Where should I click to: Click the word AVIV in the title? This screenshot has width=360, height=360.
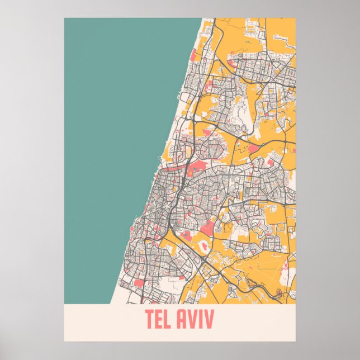click(x=196, y=319)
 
